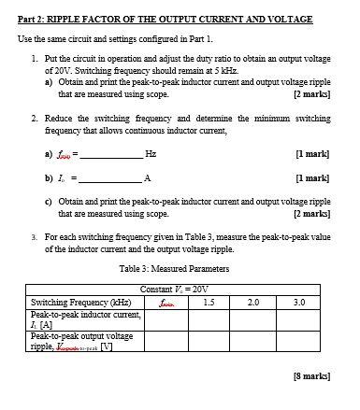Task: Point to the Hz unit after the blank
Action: click(x=151, y=152)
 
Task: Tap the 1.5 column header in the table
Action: click(x=209, y=302)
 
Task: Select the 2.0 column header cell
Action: click(x=252, y=302)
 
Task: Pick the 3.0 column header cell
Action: click(x=299, y=302)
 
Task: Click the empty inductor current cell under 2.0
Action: click(x=252, y=319)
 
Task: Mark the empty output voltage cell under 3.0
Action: click(x=299, y=341)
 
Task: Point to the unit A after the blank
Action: click(x=148, y=177)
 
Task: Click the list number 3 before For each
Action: click(x=34, y=237)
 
